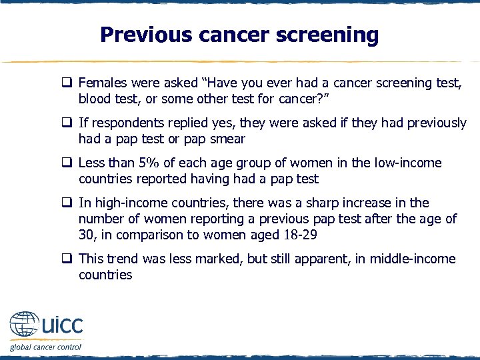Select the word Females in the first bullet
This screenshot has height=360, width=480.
point(101,83)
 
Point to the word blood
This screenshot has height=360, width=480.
point(95,99)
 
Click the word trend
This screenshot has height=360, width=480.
point(125,259)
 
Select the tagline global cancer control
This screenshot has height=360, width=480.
point(45,347)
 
